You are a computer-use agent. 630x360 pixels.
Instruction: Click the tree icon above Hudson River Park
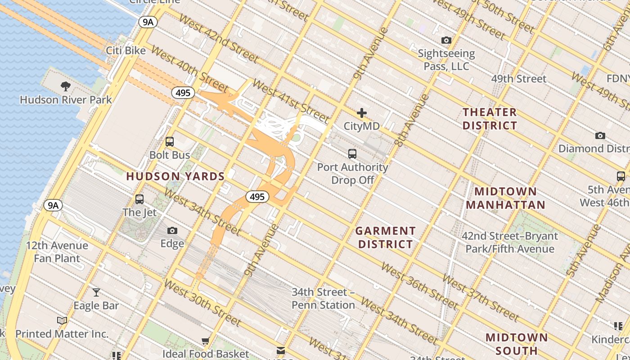pyautogui.click(x=66, y=86)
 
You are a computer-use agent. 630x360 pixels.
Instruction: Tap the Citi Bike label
pyautogui.click(x=126, y=50)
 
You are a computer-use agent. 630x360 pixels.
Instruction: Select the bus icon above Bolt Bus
pyautogui.click(x=170, y=142)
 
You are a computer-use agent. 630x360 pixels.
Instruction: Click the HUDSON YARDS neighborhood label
pyautogui.click(x=175, y=176)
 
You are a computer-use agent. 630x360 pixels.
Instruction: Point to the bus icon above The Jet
pyautogui.click(x=139, y=199)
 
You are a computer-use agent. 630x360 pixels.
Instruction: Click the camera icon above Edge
pyautogui.click(x=172, y=231)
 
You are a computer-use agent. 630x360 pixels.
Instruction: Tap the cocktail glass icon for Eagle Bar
pyautogui.click(x=96, y=292)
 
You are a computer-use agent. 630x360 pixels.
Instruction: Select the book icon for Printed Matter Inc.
pyautogui.click(x=62, y=321)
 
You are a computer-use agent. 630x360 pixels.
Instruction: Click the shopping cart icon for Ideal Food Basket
pyautogui.click(x=206, y=341)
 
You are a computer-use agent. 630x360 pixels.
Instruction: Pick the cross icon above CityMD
pyautogui.click(x=362, y=113)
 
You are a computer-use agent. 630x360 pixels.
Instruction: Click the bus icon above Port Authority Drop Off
pyautogui.click(x=352, y=154)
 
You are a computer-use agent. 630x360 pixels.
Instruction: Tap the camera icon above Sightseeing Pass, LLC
pyautogui.click(x=446, y=40)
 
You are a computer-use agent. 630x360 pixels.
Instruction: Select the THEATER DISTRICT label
pyautogui.click(x=490, y=119)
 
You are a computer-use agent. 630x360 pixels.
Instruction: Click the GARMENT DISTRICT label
pyautogui.click(x=385, y=238)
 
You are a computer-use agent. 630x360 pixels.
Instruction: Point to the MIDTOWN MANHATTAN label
pyautogui.click(x=505, y=198)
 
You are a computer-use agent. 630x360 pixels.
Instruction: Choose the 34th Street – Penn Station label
pyautogui.click(x=323, y=298)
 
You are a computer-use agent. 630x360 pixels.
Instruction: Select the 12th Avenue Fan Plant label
pyautogui.click(x=57, y=252)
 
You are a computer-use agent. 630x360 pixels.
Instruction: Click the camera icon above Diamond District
pyautogui.click(x=600, y=136)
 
